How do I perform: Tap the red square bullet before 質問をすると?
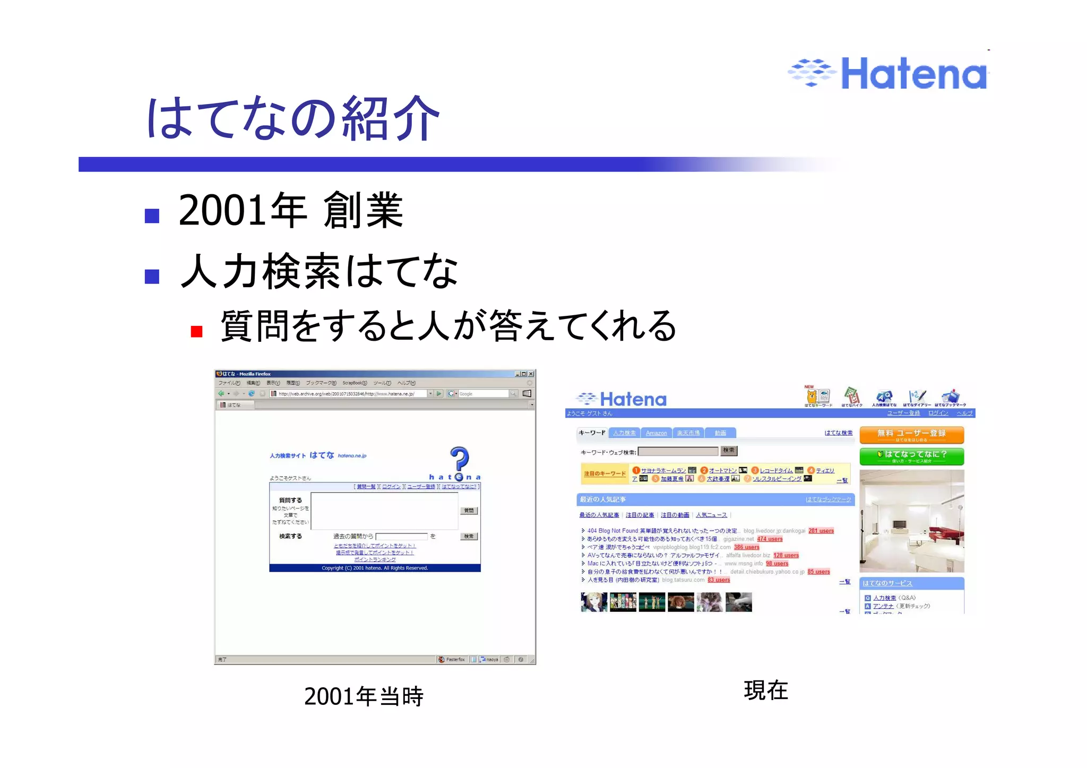(x=196, y=332)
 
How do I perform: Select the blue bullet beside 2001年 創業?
(x=152, y=215)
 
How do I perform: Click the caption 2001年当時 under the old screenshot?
(x=364, y=696)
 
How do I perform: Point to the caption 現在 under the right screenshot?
(x=765, y=691)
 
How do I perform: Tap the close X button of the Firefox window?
(x=531, y=374)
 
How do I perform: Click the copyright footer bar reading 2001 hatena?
(x=375, y=568)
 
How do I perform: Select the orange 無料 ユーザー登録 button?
(x=911, y=435)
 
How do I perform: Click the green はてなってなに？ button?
(x=911, y=455)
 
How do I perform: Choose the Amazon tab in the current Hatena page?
(x=656, y=433)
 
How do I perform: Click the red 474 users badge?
(x=770, y=539)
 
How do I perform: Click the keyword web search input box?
(x=678, y=452)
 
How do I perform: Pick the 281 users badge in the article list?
(x=821, y=531)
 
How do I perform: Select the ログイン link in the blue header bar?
(x=938, y=413)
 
